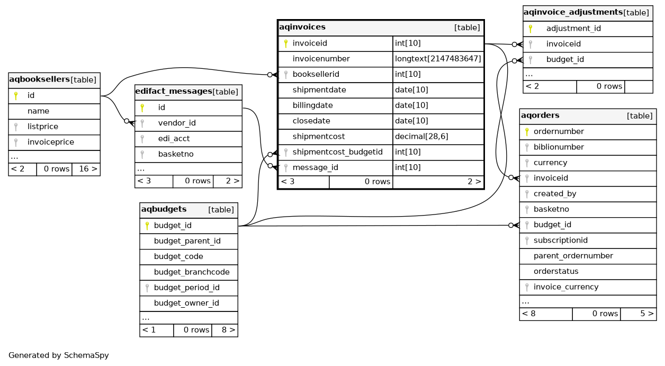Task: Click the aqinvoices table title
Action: [x=302, y=27]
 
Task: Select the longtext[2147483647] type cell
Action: [x=438, y=59]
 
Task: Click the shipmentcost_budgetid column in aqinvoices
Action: [x=337, y=152]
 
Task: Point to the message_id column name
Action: [x=316, y=167]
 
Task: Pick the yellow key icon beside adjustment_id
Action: [x=530, y=29]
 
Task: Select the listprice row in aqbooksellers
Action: [x=43, y=127]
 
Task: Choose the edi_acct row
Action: [x=174, y=138]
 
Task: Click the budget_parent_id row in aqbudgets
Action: [x=187, y=241]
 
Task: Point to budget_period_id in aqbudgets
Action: [x=186, y=288]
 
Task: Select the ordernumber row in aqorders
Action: [x=559, y=131]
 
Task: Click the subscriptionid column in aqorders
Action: [x=560, y=240]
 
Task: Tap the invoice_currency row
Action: [x=565, y=287]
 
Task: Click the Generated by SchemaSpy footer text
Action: [x=59, y=355]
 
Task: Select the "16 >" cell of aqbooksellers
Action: [x=86, y=169]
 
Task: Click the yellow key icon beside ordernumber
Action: [x=527, y=131]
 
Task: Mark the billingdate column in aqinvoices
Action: [x=312, y=105]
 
